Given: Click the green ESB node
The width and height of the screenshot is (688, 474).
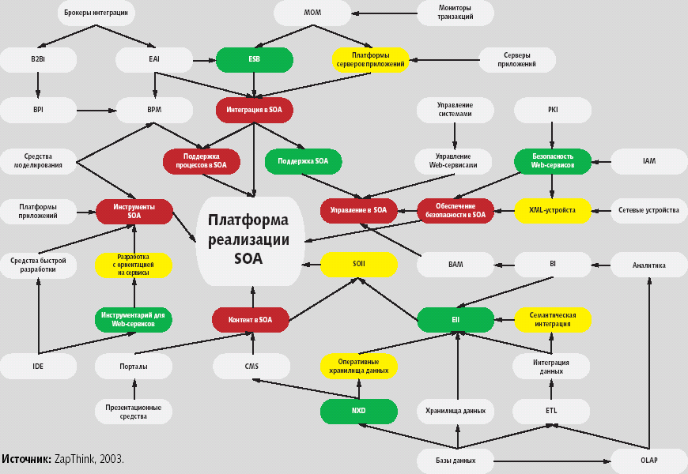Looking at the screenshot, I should coord(255,60).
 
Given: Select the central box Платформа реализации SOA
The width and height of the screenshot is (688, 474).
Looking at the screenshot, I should coord(248,239).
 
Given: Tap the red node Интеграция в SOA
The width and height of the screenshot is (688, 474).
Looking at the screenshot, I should coord(254,109).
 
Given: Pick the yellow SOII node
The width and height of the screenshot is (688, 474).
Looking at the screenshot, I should coord(359,265).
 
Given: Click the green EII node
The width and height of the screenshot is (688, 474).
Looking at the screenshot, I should coord(456,320).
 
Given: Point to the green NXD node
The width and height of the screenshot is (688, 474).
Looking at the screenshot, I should coord(358,411).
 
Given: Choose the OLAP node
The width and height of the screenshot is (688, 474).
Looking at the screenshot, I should coord(648,460).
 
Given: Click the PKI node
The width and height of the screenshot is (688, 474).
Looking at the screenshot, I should coord(552,110).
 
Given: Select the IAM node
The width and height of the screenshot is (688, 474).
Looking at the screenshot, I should coord(648,161).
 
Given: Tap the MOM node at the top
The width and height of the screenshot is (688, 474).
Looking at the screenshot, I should coord(312,13).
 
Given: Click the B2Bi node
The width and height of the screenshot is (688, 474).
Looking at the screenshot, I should coord(38,60).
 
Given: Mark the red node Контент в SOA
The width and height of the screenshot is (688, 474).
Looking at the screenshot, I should coord(249,320).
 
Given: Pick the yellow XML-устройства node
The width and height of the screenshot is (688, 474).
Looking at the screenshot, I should coord(552,210).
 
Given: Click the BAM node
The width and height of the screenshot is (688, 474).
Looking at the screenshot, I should coord(456,265).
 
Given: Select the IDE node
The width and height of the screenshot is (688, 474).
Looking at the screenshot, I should coord(38,366).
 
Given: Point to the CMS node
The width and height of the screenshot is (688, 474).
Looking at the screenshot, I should coord(251,366).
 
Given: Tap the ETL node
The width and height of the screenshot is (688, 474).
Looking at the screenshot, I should coord(551,411).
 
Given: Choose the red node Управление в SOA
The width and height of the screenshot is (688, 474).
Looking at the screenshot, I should coord(358,210).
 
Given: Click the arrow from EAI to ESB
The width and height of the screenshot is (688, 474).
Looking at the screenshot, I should coord(204,60).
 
